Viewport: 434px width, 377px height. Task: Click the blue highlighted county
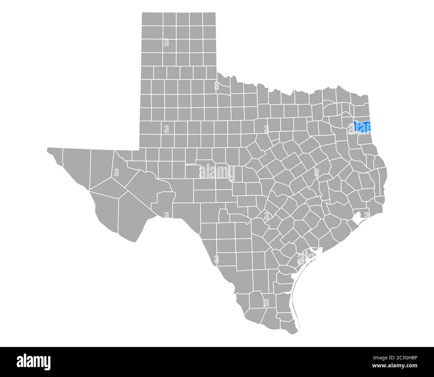point(362,126)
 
